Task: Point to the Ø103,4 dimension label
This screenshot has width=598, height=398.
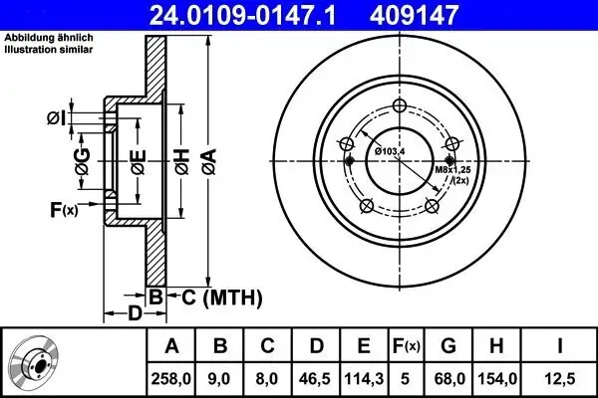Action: click(391, 150)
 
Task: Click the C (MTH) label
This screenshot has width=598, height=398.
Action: click(219, 296)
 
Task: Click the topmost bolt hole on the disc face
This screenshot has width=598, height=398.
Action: click(399, 108)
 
